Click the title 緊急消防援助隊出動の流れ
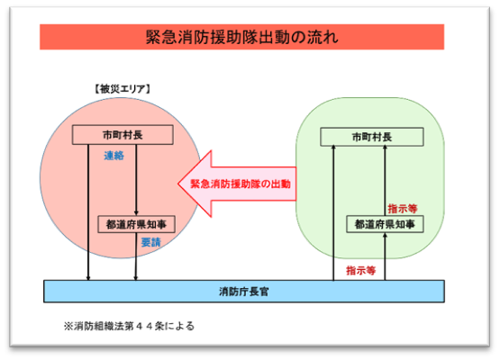click(x=241, y=37)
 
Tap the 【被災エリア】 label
click(x=123, y=89)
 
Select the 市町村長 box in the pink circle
click(x=123, y=135)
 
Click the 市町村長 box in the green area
click(x=372, y=137)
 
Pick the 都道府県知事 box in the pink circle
click(x=136, y=224)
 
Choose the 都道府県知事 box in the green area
click(x=385, y=224)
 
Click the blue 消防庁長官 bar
click(x=244, y=292)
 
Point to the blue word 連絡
click(x=114, y=156)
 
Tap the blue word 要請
click(x=150, y=242)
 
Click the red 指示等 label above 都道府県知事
click(x=403, y=209)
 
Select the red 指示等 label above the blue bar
click(x=361, y=271)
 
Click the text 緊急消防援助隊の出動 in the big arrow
click(x=241, y=184)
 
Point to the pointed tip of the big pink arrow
click(x=178, y=184)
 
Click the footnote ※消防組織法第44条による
click(x=129, y=326)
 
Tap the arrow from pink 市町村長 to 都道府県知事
click(x=136, y=180)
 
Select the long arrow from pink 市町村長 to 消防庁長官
click(x=88, y=212)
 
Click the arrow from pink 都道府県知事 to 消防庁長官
click(x=136, y=256)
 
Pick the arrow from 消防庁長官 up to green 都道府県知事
click(x=385, y=256)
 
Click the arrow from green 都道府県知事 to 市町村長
click(x=385, y=180)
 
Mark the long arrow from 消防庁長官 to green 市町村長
click(x=333, y=212)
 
